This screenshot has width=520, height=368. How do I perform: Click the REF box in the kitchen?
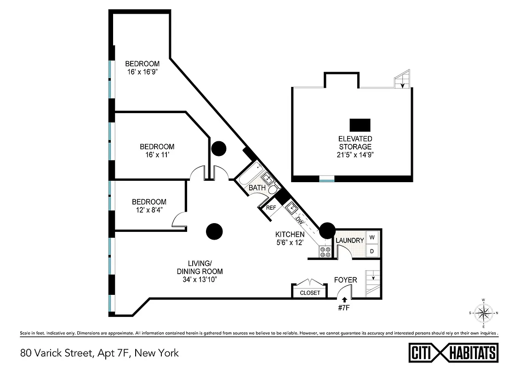click(x=271, y=208)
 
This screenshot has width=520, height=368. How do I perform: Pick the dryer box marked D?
click(x=372, y=251)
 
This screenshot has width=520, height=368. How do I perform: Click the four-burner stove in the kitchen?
click(x=325, y=252)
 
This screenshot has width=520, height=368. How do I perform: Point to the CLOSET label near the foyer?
click(x=310, y=293)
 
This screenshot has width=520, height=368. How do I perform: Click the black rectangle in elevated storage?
click(x=360, y=125)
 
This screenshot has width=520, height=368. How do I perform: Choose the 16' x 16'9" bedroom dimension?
click(x=143, y=71)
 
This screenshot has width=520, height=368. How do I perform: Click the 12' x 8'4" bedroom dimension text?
click(x=149, y=209)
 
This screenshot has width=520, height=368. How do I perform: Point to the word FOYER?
click(x=345, y=280)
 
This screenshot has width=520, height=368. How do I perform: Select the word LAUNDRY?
click(x=349, y=241)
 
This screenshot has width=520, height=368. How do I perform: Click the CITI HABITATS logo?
click(x=453, y=353)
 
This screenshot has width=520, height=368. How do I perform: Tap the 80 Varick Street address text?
click(x=99, y=353)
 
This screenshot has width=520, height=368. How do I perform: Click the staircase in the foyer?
click(x=373, y=282)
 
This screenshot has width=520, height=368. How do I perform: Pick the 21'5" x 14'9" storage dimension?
click(x=355, y=155)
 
